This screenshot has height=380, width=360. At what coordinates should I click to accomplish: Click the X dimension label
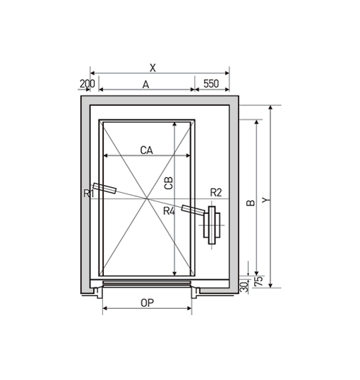click(152, 68)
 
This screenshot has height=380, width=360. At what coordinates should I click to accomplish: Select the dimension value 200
click(88, 84)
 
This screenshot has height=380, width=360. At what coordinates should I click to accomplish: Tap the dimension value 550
click(211, 83)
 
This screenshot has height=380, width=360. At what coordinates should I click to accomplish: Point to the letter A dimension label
click(145, 85)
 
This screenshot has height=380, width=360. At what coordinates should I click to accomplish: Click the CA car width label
click(147, 150)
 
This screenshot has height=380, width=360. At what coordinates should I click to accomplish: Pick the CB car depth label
click(169, 183)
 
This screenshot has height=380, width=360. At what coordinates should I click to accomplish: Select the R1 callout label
click(88, 194)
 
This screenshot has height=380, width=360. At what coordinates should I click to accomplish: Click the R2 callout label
click(216, 193)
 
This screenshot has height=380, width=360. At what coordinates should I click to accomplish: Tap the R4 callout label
click(169, 211)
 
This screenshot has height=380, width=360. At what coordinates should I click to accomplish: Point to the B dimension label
click(251, 203)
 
